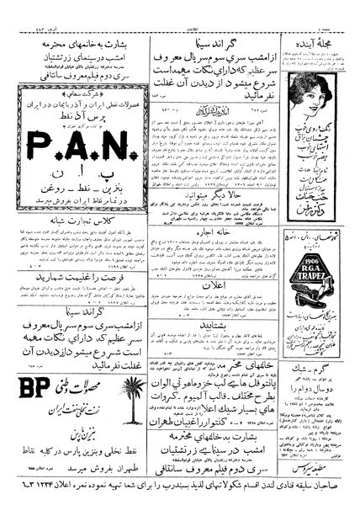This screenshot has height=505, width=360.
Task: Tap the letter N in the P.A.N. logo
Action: [112, 149]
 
